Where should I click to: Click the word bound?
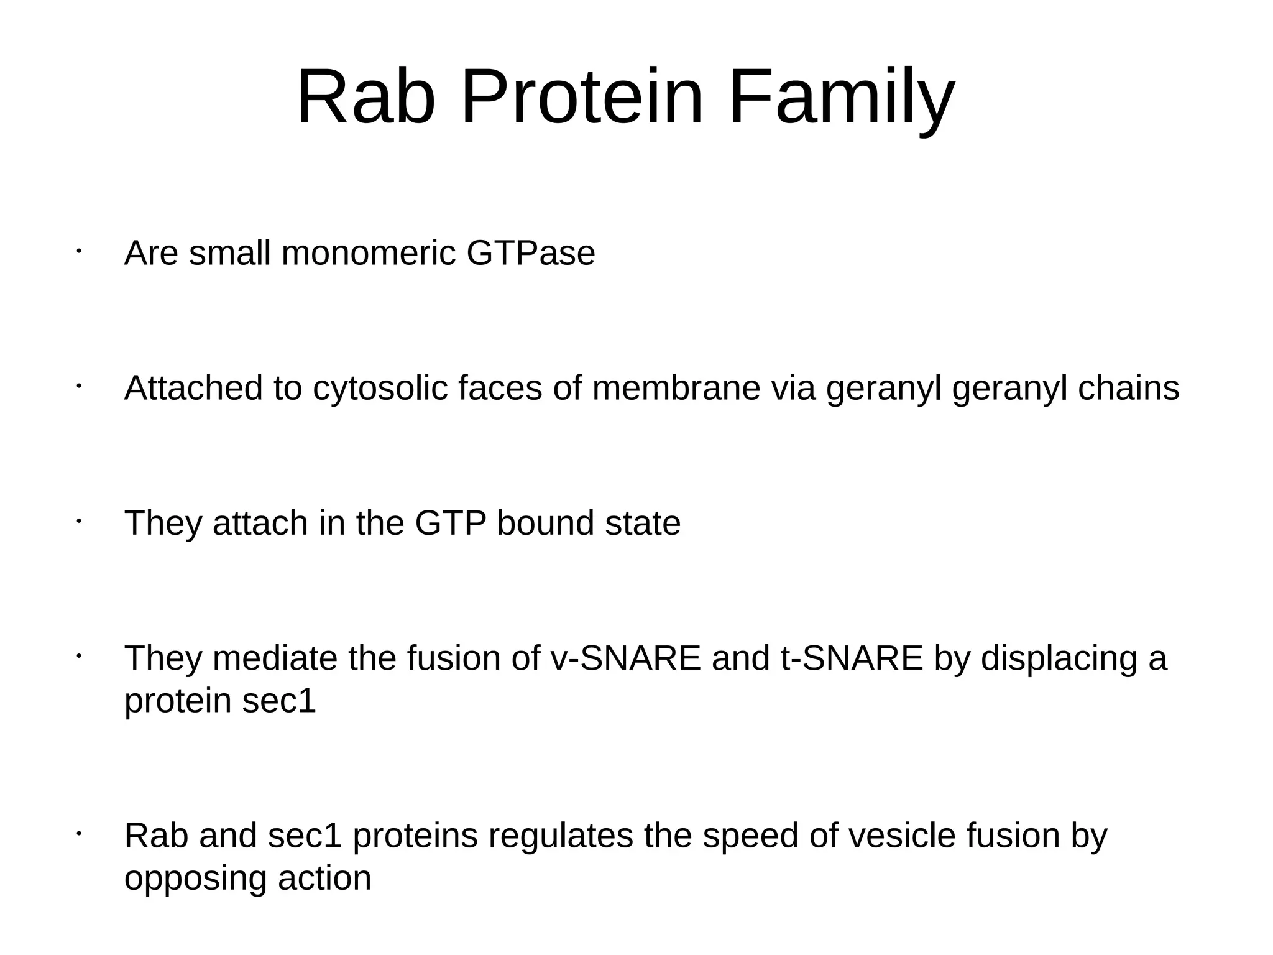click(x=545, y=523)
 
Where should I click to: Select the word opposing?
click(x=196, y=879)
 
